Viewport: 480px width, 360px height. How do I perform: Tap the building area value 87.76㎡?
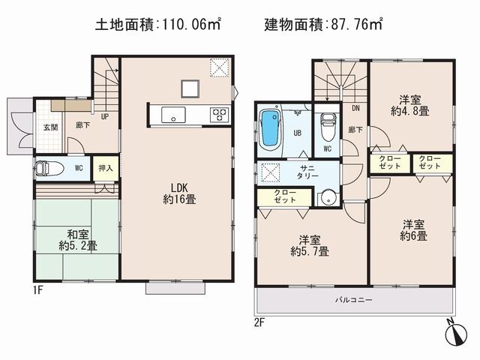[355, 25]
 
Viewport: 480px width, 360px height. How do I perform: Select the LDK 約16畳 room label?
[179, 193]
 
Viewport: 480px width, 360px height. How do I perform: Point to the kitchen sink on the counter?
[172, 115]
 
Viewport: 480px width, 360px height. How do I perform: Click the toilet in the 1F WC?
[48, 169]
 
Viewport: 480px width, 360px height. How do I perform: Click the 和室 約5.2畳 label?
[77, 238]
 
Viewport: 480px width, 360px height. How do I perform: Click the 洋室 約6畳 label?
[413, 229]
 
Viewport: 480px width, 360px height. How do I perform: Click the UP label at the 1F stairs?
[105, 116]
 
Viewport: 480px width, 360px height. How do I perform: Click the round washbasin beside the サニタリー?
[325, 198]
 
